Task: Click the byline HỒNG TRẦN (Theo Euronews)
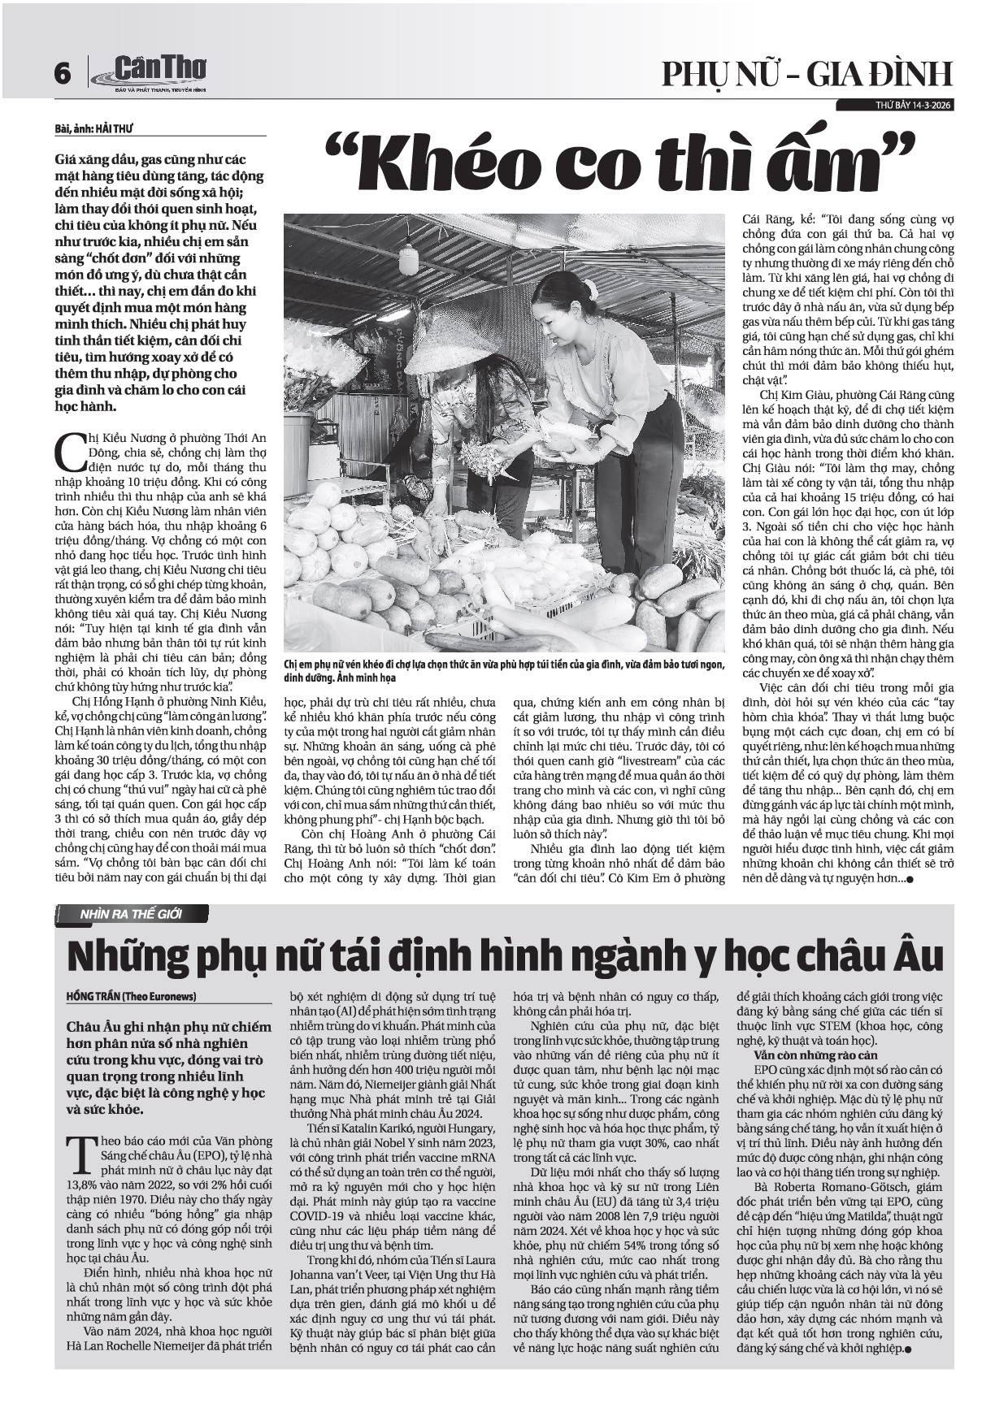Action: [131, 996]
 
